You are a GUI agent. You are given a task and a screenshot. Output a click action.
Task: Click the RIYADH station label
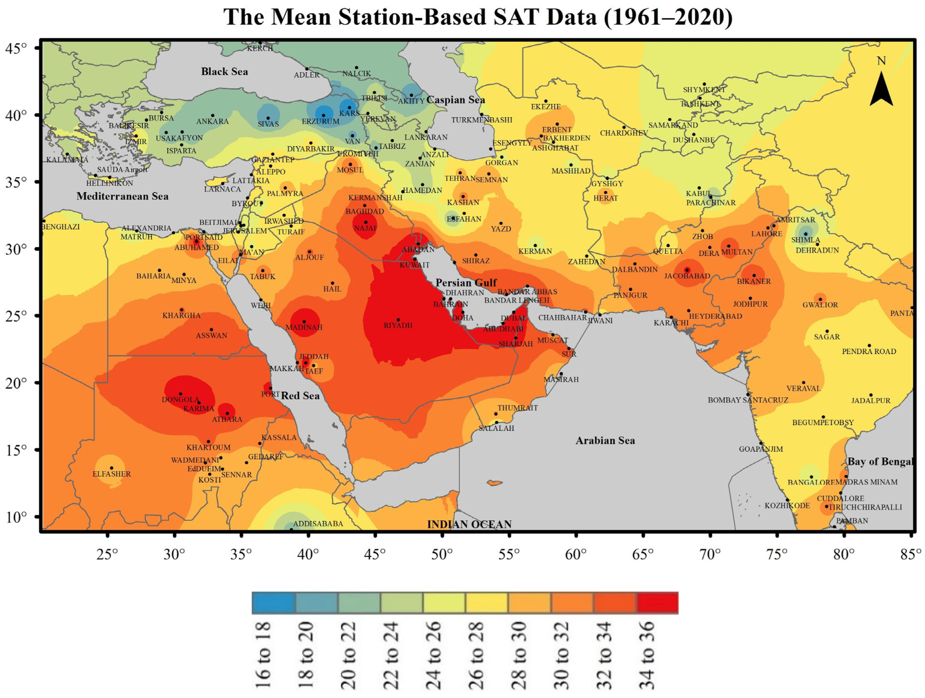pyautogui.click(x=398, y=325)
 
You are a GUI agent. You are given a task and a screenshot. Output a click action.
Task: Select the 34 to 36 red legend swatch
pyautogui.click(x=657, y=603)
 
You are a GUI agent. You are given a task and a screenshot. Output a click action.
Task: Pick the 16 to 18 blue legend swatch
pyautogui.click(x=273, y=603)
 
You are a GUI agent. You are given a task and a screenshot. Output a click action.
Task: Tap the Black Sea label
pyautogui.click(x=225, y=71)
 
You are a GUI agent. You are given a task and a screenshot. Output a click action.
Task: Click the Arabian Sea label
pyautogui.click(x=605, y=441)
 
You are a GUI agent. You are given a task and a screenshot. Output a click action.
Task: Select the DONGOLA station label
pyautogui.click(x=181, y=400)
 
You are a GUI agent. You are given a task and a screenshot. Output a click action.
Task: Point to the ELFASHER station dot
pyautogui.click(x=112, y=468)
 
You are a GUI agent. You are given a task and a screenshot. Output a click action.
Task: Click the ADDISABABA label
pyautogui.click(x=318, y=524)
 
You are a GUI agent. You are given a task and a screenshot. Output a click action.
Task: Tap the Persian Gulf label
pyautogui.click(x=466, y=283)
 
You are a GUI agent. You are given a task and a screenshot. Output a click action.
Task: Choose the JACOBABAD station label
pyautogui.click(x=687, y=276)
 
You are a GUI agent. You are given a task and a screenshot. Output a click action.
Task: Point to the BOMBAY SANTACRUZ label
pyautogui.click(x=748, y=400)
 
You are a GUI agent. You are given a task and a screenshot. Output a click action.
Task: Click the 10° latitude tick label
pyautogui.click(x=16, y=517)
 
